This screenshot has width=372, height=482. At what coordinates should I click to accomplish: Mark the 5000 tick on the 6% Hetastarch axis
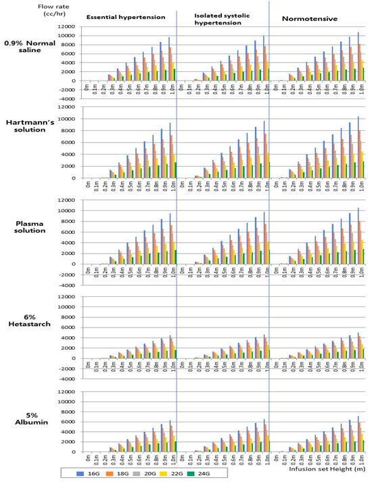point(66,315)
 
